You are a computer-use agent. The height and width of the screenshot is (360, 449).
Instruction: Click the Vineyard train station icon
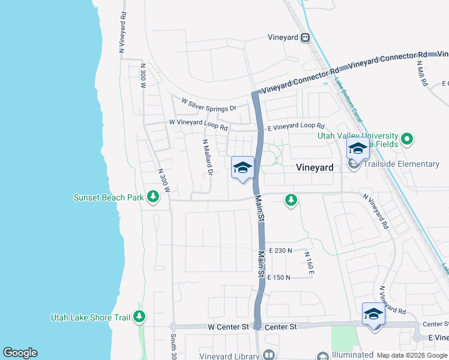pos(306,37)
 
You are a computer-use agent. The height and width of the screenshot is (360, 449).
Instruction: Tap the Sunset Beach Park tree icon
pos(153,197)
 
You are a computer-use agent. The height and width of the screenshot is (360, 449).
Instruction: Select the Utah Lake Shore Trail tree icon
pos(140,316)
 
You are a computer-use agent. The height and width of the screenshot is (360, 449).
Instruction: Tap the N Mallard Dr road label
pos(208,158)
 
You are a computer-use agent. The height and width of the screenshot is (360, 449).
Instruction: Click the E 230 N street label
pos(280,250)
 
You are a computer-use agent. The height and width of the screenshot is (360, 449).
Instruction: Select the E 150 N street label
pos(280,277)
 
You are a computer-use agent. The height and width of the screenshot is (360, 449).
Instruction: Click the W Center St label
pos(228,327)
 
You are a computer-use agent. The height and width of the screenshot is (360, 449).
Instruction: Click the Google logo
pos(20,353)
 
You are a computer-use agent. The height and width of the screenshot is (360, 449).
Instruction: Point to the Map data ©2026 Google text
pos(412,355)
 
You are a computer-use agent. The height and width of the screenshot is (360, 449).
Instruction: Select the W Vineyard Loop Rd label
pos(199,125)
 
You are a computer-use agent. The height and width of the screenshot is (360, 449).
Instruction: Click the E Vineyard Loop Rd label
pos(296,127)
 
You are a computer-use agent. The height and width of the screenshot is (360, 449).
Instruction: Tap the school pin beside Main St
pos(243,169)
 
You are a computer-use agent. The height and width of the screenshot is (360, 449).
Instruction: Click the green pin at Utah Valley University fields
pos(408,140)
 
